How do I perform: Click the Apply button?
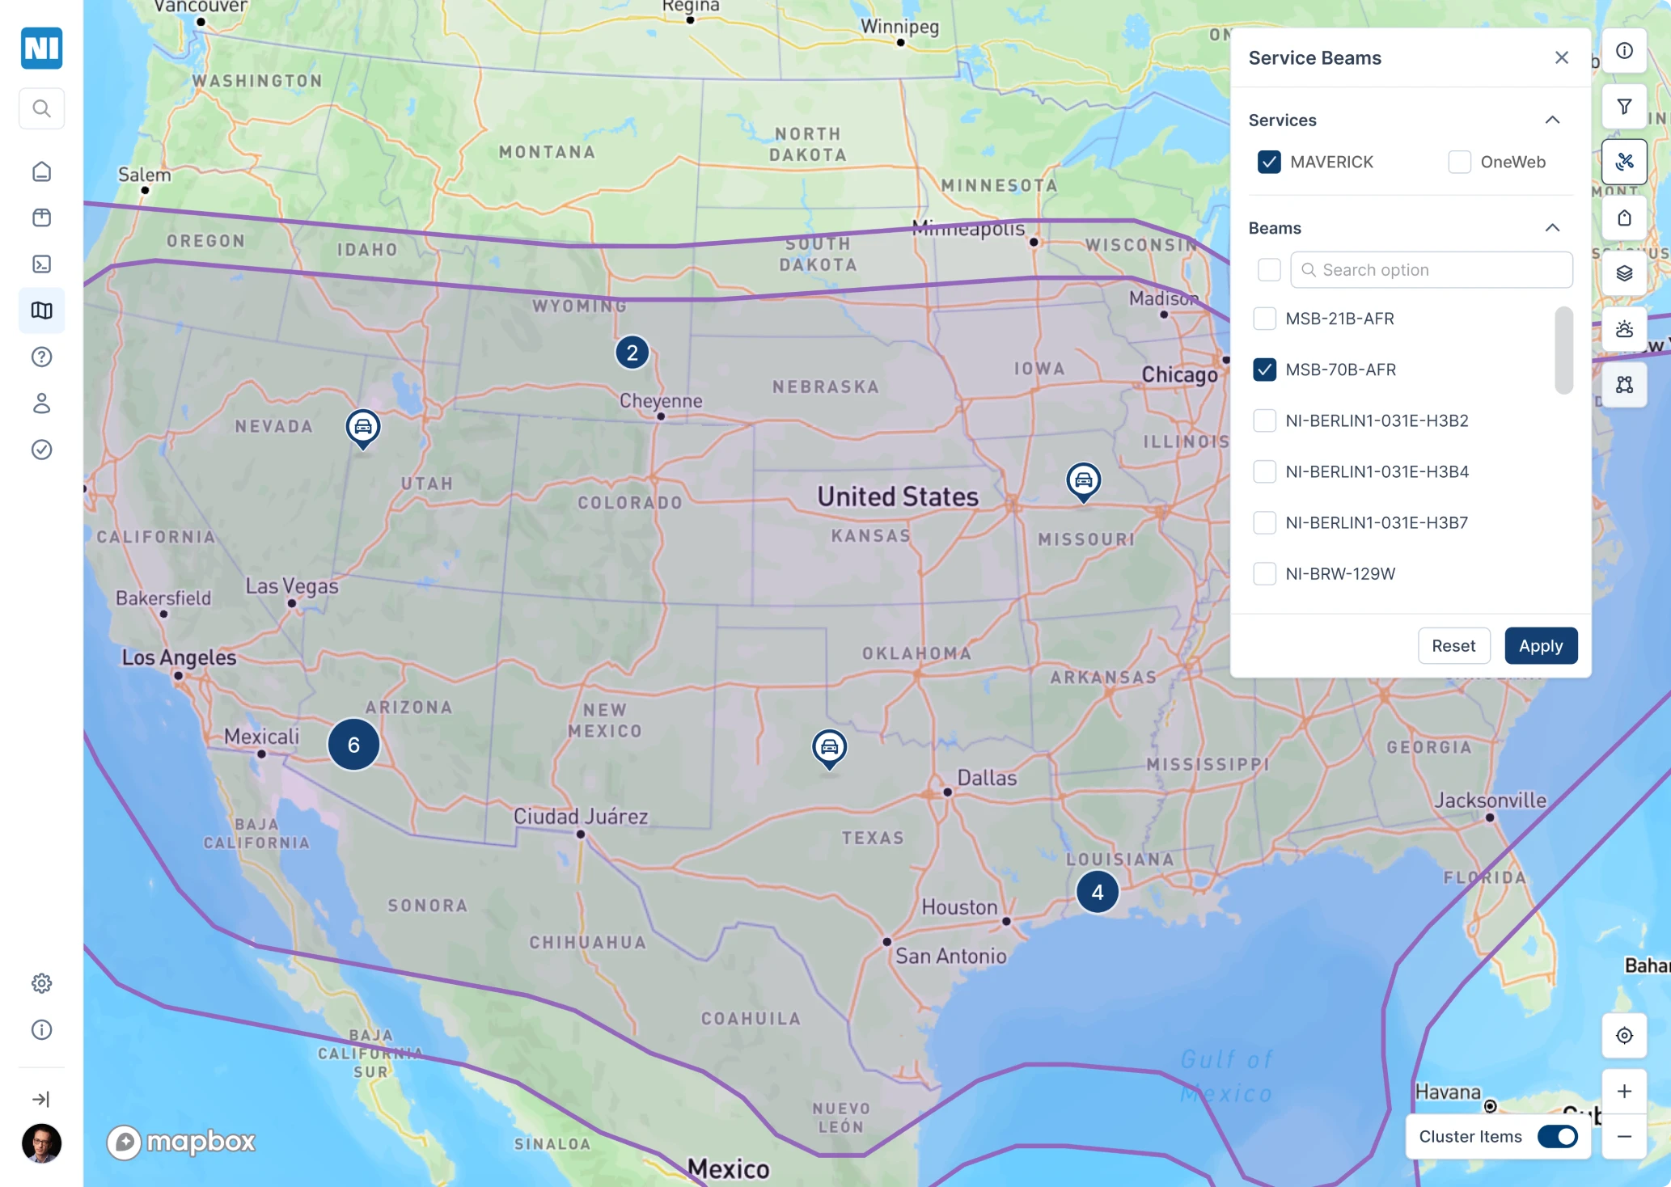point(1540,646)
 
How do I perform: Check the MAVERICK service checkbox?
point(1269,162)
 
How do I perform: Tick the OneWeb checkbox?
point(1459,162)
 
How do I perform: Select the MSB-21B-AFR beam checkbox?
point(1264,319)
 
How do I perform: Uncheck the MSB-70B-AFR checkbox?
point(1264,370)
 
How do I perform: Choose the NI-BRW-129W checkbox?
point(1264,574)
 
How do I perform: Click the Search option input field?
point(1432,270)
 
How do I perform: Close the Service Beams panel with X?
point(1561,57)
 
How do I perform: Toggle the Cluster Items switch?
point(1557,1137)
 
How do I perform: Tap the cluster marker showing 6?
point(353,745)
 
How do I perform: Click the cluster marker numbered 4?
point(1097,892)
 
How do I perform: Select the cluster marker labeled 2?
point(632,353)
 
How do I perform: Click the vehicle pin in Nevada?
point(363,427)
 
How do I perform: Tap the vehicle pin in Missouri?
point(1083,480)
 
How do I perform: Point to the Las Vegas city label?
point(292,586)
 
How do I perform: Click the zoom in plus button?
point(1624,1092)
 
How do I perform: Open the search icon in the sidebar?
point(42,108)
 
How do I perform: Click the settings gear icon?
point(42,983)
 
